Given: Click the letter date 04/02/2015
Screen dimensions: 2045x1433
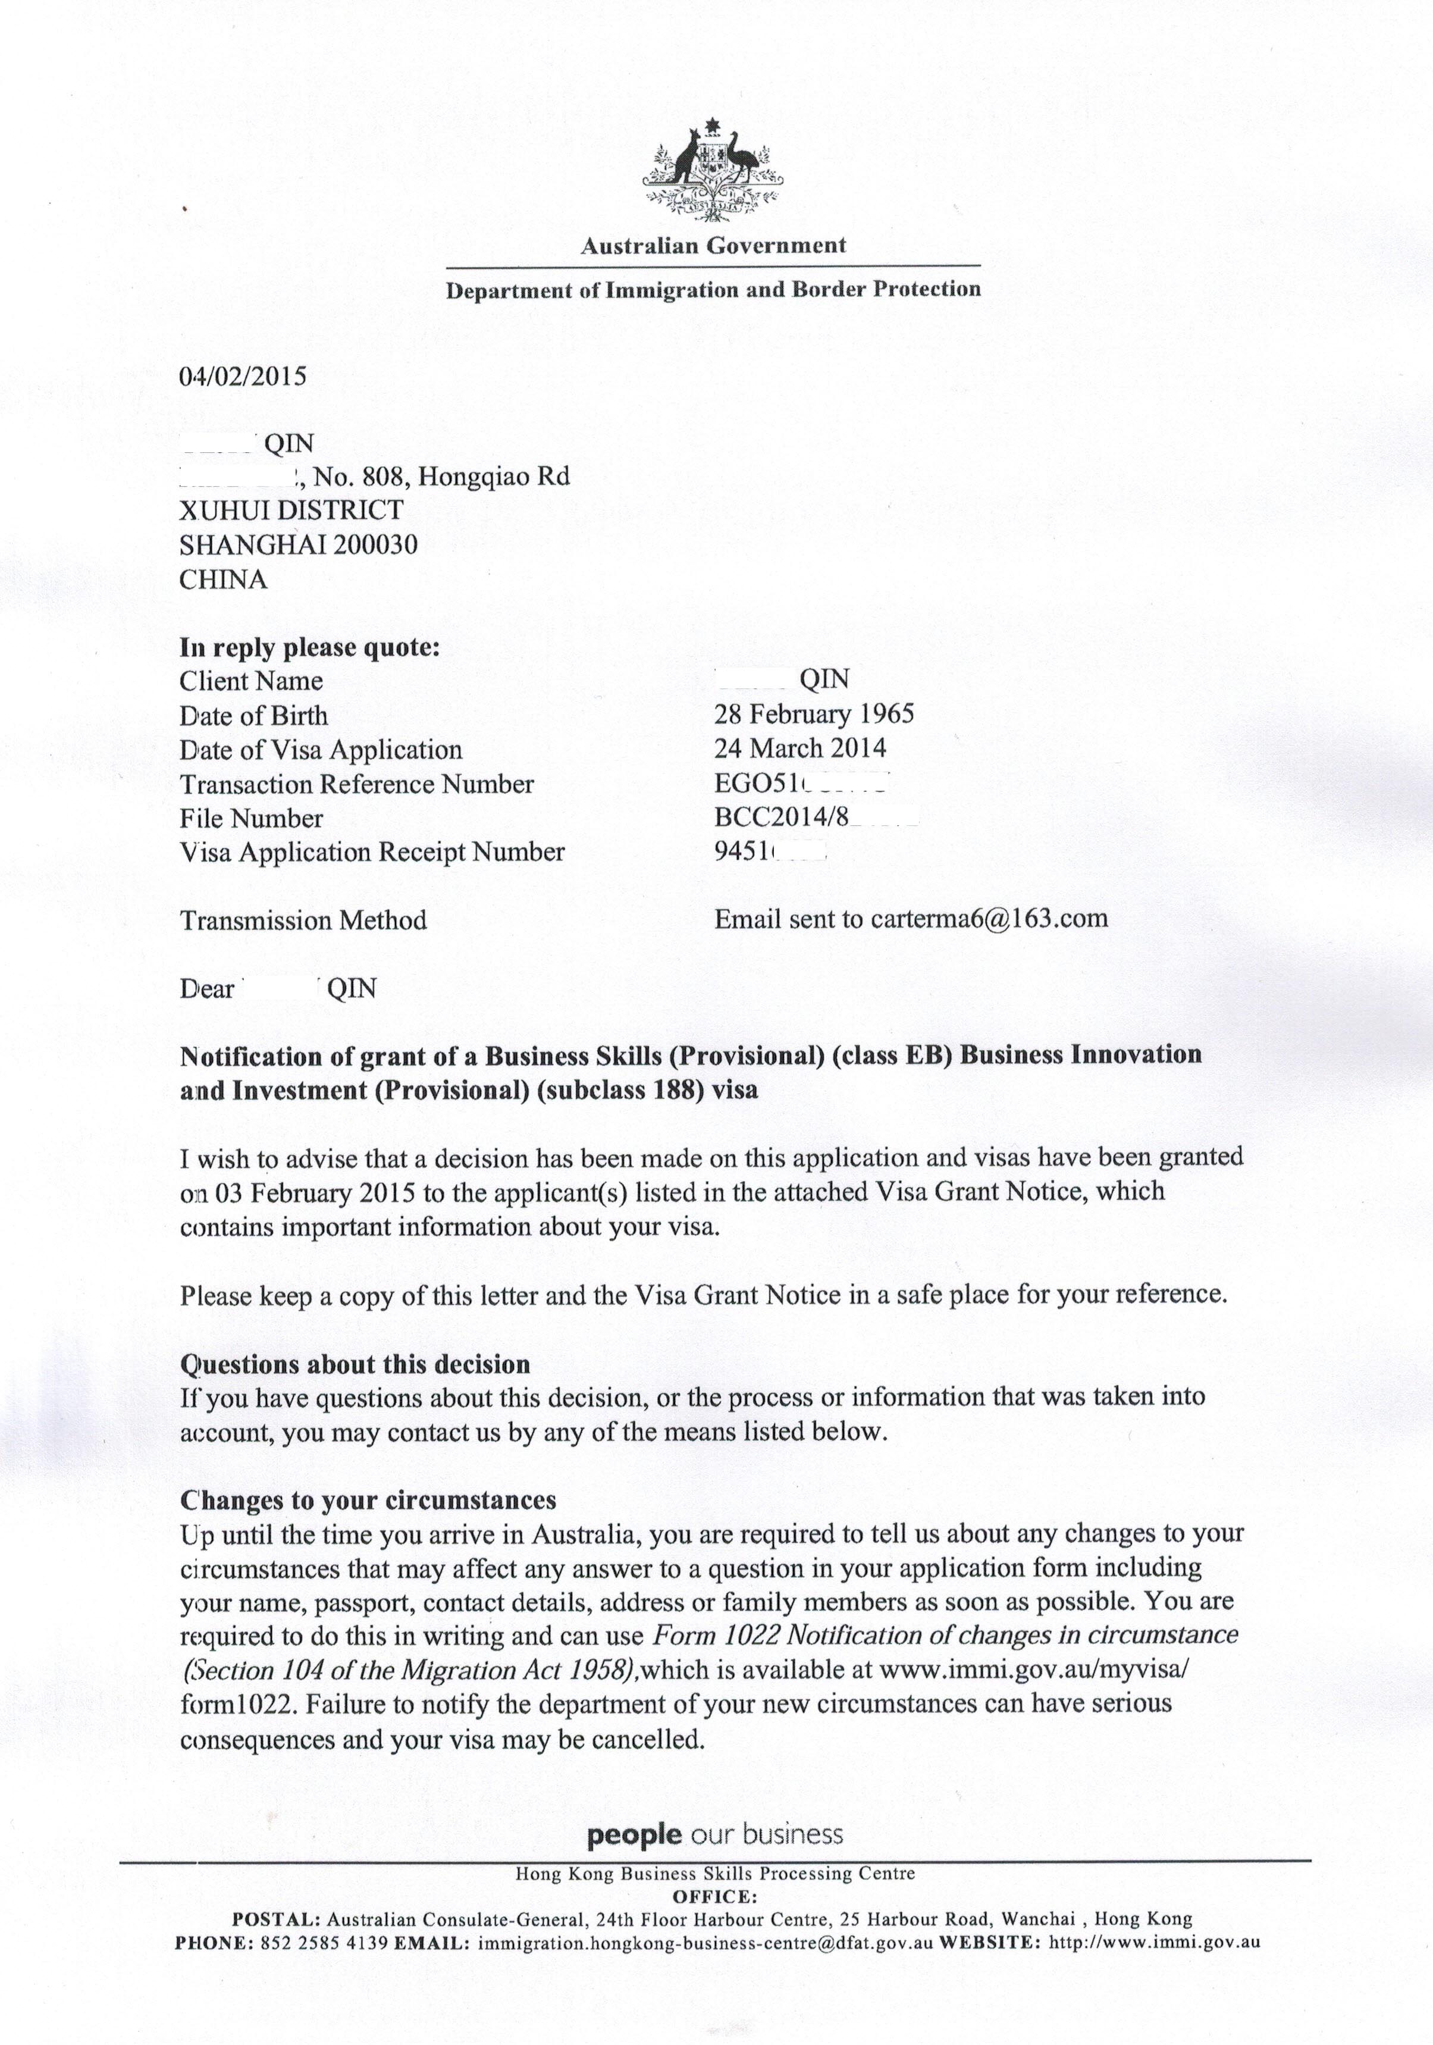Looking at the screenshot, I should click(242, 376).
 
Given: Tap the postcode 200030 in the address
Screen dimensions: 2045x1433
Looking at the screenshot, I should click(375, 544).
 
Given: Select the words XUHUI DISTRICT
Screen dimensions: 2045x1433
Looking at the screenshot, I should click(291, 511).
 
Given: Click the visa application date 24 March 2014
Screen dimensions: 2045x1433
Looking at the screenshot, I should click(799, 748).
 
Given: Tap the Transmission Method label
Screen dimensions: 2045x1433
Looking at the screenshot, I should click(303, 920).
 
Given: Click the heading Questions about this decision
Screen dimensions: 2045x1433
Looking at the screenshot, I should click(355, 1364).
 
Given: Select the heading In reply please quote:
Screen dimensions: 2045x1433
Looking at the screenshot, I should click(310, 647).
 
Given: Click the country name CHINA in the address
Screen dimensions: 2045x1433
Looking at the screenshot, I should click(222, 580).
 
